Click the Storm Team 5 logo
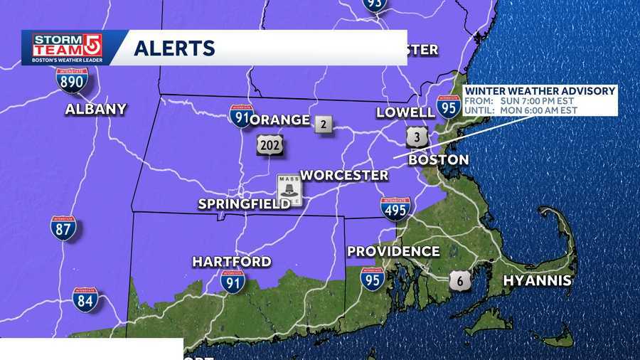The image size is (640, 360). click(68, 48)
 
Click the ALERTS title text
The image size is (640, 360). click(174, 48)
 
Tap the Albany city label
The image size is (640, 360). click(95, 109)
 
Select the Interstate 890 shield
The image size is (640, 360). click(72, 80)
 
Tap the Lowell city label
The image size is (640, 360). click(405, 112)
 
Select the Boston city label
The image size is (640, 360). click(438, 159)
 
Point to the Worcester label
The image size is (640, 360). click(344, 175)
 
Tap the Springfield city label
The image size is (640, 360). click(243, 204)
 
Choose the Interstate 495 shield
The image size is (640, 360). click(395, 209)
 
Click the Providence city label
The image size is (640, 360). click(393, 251)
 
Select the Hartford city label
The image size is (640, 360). click(232, 261)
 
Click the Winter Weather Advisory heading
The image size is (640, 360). click(540, 91)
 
